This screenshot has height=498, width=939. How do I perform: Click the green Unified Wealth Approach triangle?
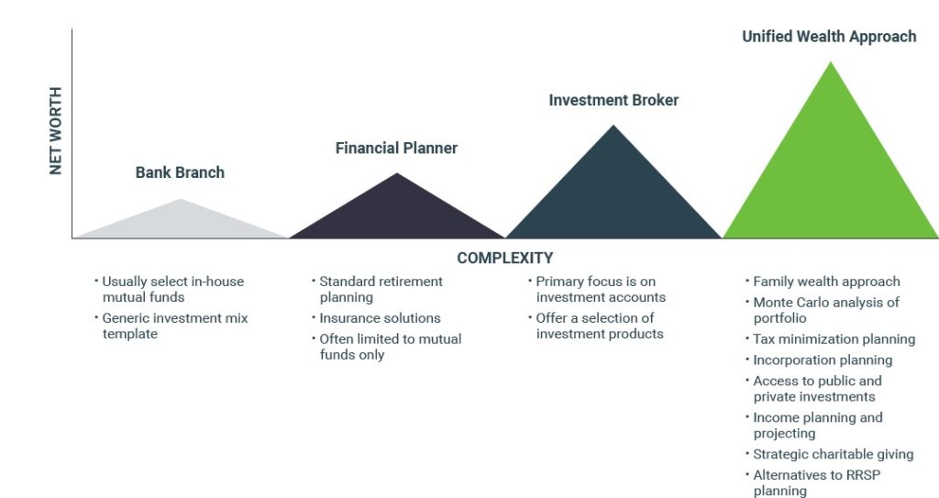[831, 180]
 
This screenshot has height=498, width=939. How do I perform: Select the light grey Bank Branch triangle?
[181, 225]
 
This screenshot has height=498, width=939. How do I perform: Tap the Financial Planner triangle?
[397, 216]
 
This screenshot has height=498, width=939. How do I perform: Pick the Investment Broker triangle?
[613, 198]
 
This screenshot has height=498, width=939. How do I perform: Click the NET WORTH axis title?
[56, 130]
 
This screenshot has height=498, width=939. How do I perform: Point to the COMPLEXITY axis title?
[505, 258]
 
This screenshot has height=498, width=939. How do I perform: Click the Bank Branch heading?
[181, 172]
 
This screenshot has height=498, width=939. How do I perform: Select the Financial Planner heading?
[396, 148]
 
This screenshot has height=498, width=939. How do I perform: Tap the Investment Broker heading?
[613, 100]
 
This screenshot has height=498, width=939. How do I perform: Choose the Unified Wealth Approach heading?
[829, 37]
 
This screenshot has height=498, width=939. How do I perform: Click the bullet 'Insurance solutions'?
[380, 318]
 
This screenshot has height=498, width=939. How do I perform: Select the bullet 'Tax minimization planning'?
[834, 339]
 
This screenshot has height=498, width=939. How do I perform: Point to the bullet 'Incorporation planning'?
[823, 360]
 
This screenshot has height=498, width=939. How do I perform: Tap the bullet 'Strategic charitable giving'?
[833, 454]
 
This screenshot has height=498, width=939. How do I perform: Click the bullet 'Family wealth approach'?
[826, 282]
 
